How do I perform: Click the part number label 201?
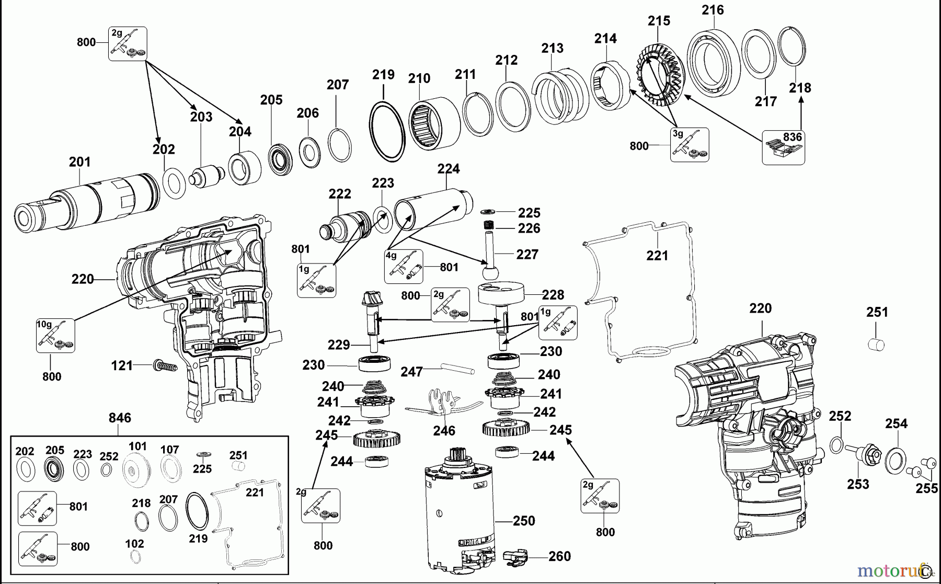click(79, 162)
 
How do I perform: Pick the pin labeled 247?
click(457, 368)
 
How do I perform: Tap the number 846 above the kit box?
click(120, 418)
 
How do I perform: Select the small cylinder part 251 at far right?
click(876, 345)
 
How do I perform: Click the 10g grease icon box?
click(55, 336)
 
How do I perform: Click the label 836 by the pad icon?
click(792, 137)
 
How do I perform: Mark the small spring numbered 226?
click(488, 226)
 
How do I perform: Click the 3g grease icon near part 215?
click(690, 145)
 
